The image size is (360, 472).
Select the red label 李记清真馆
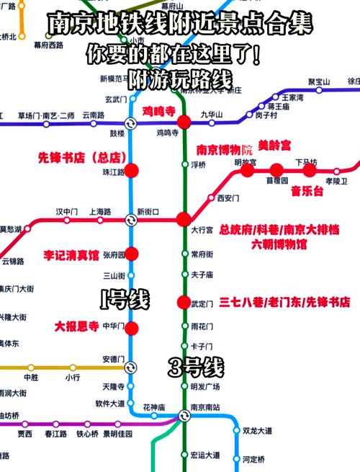[71, 254]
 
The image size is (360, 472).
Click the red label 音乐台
[307, 191]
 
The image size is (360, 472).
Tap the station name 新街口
[148, 212]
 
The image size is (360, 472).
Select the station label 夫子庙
[202, 275]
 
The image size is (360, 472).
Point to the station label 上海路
[99, 212]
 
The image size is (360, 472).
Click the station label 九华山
[212, 114]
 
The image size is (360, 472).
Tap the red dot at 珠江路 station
[131, 172]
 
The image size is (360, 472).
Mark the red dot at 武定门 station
[184, 302]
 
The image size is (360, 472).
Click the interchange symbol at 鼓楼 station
[130, 123]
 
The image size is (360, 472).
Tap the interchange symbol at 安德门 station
[130, 367]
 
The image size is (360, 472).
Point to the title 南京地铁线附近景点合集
[180, 25]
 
